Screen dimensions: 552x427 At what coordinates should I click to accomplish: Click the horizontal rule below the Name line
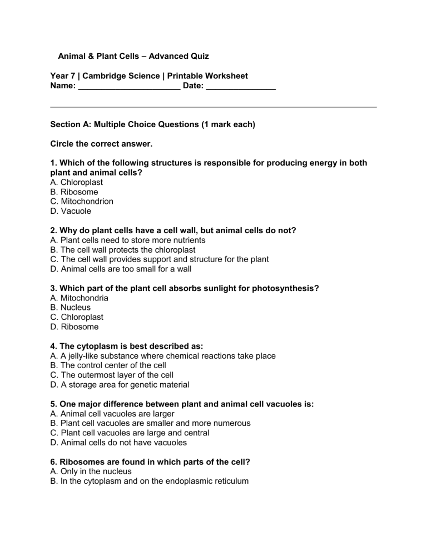[213, 107]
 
